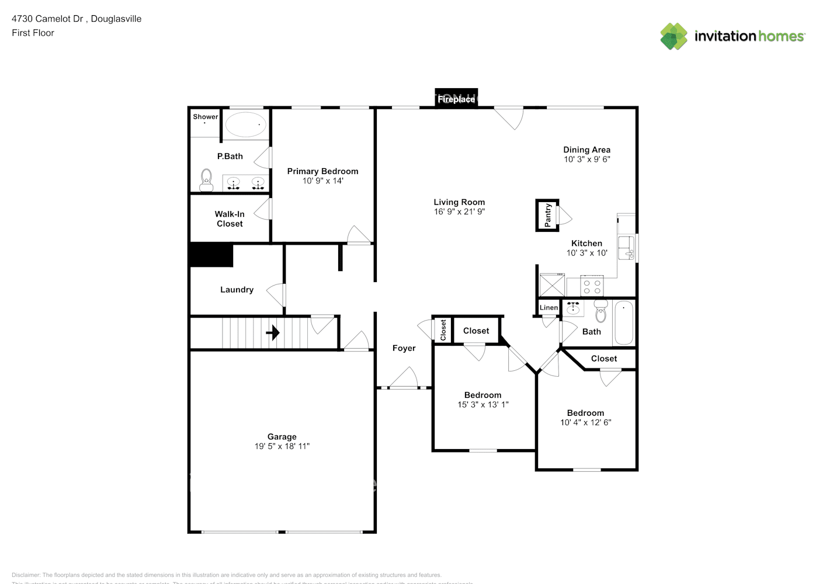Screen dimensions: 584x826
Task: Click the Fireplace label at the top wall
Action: [456, 99]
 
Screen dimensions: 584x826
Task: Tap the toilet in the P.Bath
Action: [206, 180]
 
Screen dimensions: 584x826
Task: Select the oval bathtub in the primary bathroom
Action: [246, 124]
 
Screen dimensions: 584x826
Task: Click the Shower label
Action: [206, 117]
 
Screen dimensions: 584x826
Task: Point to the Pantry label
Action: [547, 215]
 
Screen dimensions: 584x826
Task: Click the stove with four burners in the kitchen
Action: [592, 287]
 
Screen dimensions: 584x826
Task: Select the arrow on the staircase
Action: [273, 333]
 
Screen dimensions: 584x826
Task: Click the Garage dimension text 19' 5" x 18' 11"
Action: [282, 446]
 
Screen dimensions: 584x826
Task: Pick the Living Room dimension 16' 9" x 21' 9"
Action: [459, 211]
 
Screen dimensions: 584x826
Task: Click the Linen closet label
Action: [549, 308]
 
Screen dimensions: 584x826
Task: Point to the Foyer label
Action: [404, 348]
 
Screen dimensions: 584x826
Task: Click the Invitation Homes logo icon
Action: [674, 36]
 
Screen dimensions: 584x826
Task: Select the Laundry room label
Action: [237, 290]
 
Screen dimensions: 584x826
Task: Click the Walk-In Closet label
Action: [230, 219]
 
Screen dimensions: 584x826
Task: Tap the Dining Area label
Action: [586, 150]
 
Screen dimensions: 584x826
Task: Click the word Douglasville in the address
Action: [116, 19]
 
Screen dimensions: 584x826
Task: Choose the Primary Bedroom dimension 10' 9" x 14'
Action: [322, 181]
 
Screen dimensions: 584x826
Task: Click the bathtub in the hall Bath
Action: [623, 323]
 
